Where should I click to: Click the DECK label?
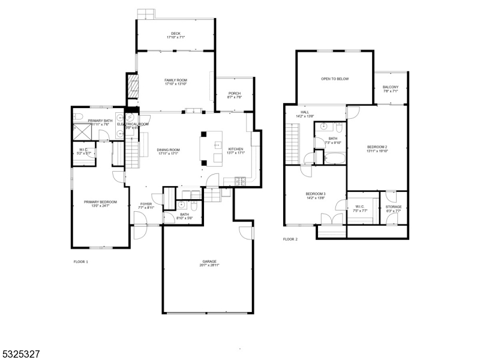point(175,34)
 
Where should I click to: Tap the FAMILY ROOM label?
point(176,80)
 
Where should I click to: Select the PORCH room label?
point(235,93)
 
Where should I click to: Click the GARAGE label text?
point(209,262)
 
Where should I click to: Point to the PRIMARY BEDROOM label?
point(100,202)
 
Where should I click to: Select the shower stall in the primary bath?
point(80,132)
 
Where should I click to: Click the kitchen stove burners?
point(240,181)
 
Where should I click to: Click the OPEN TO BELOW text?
point(334,79)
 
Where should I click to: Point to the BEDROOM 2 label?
point(377,147)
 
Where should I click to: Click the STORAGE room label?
point(394,207)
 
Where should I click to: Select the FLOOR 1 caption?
point(80,262)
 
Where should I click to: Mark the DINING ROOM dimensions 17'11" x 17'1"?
point(169,154)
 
